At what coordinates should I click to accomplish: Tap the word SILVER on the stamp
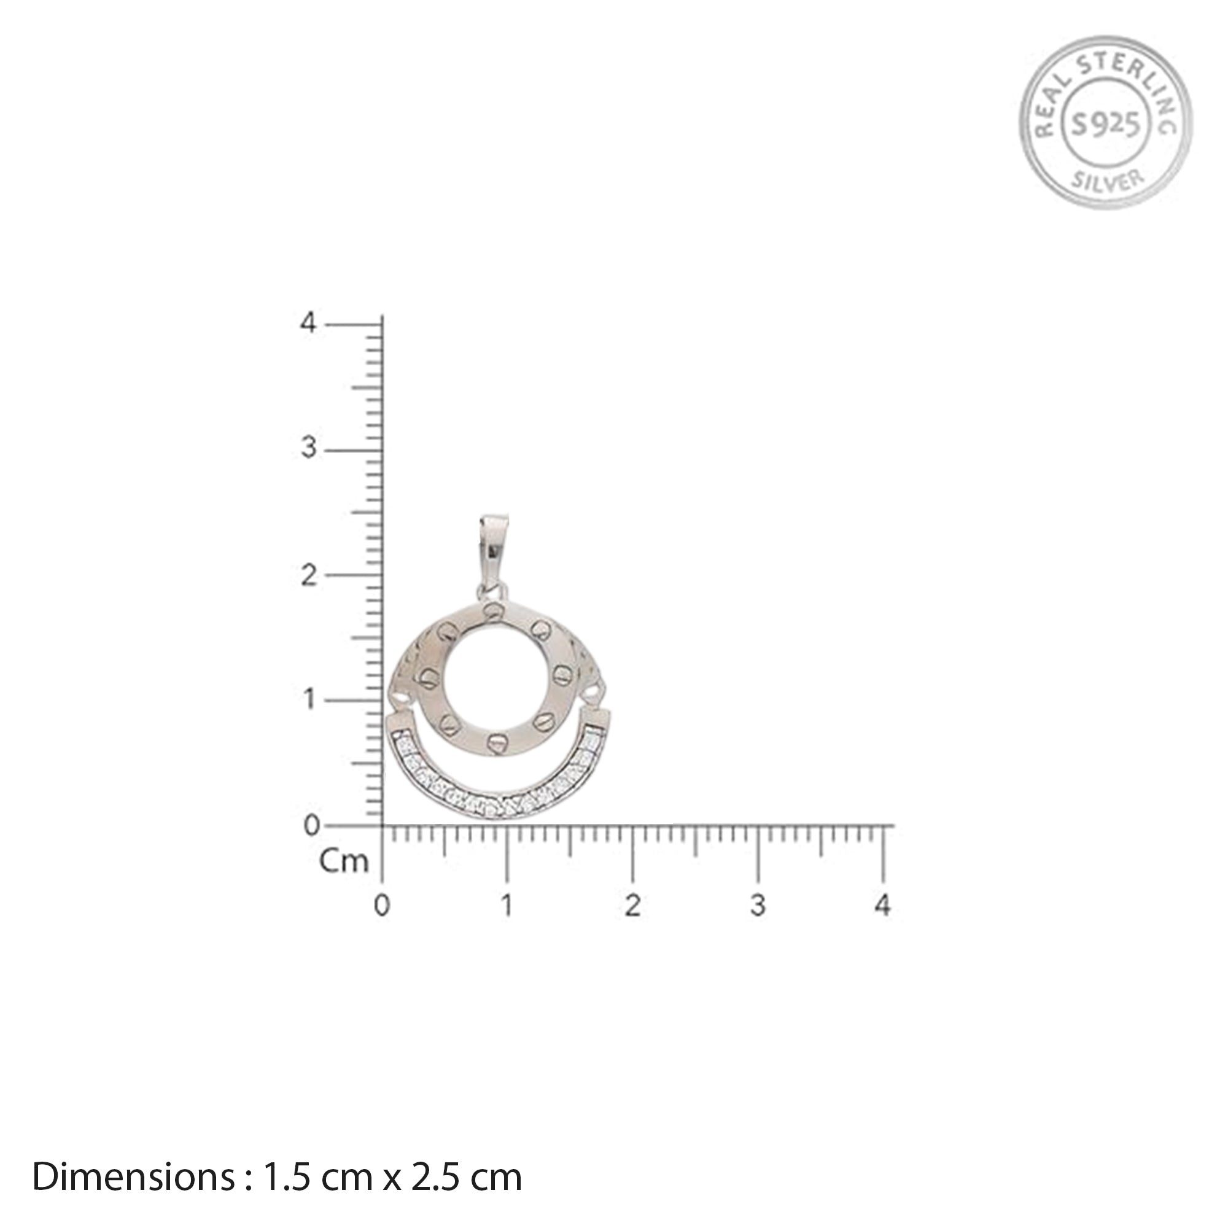click(1107, 180)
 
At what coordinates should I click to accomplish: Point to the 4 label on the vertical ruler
click(308, 324)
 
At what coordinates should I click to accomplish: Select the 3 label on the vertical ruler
click(308, 449)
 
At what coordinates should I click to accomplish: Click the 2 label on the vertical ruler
click(308, 576)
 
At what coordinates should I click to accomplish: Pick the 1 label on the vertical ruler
click(308, 701)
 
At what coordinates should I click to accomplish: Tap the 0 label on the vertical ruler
click(311, 826)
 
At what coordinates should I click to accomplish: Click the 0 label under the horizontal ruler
click(381, 906)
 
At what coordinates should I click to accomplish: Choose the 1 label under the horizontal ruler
click(507, 906)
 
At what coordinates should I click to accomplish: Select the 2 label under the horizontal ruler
click(632, 906)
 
